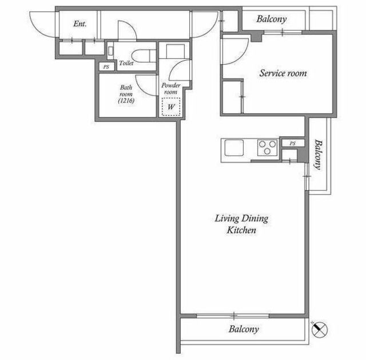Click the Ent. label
coord(80,23)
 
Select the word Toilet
coord(126,63)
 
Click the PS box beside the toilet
coord(106,67)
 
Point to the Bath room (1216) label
coord(126,94)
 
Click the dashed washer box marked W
coord(171,107)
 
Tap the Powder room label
coord(171,89)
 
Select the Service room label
coord(283,73)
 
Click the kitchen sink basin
coord(234,148)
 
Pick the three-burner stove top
coord(268,148)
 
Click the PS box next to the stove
coord(293,143)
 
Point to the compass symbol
coord(320,330)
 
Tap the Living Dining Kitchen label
coord(241,224)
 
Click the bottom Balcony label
coord(244,329)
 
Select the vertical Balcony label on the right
coord(318,155)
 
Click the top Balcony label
coord(272,19)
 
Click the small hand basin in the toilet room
coord(110,51)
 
